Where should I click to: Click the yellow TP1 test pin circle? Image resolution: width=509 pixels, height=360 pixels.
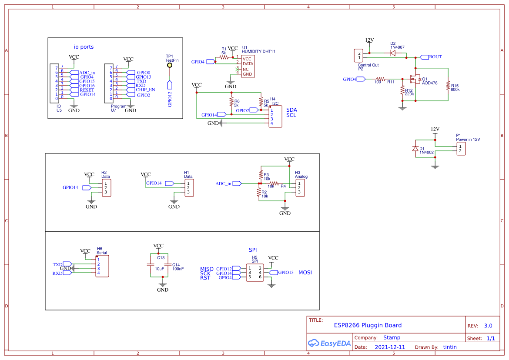(169, 65)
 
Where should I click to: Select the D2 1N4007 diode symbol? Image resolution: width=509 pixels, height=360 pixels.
(393, 53)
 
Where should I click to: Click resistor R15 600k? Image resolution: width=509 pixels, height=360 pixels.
(448, 86)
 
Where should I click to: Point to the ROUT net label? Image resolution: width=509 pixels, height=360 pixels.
(435, 57)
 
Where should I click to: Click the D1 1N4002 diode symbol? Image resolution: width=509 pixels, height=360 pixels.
(415, 149)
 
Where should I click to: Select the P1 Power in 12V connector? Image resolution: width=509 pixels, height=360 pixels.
(461, 149)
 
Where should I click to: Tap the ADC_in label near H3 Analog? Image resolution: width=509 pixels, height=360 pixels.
(223, 183)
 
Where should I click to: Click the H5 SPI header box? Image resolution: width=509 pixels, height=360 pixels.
(255, 273)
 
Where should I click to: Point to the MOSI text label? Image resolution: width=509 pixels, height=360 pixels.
(305, 273)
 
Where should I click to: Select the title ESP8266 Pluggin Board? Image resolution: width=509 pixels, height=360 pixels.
(368, 325)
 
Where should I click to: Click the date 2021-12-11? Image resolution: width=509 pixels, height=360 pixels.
(390, 347)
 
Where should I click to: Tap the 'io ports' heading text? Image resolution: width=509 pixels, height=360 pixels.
(84, 47)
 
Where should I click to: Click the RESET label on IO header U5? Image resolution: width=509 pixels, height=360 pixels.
(87, 90)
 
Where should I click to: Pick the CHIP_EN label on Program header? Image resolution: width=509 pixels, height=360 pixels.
(145, 90)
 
